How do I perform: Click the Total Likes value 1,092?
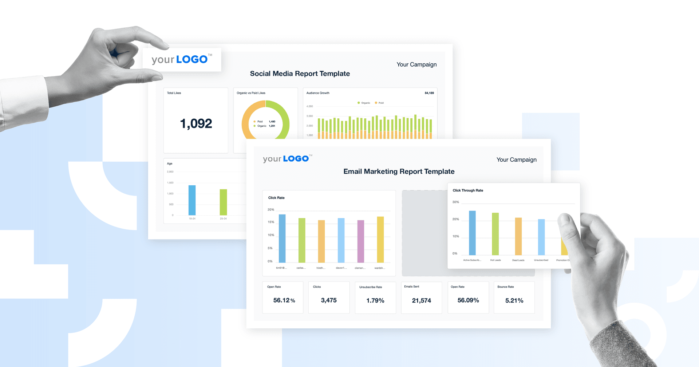pyautogui.click(x=196, y=124)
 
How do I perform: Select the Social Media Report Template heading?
pyautogui.click(x=300, y=74)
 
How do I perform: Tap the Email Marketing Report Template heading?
pyautogui.click(x=399, y=171)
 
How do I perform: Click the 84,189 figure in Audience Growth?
pyautogui.click(x=429, y=93)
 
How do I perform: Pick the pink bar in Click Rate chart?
pyautogui.click(x=360, y=241)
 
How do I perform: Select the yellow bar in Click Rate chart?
pyautogui.click(x=380, y=239)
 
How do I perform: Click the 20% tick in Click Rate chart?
pyautogui.click(x=271, y=210)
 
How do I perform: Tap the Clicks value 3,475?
pyautogui.click(x=328, y=300)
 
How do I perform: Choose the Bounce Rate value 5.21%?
pyautogui.click(x=514, y=301)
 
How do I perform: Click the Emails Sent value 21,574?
pyautogui.click(x=421, y=301)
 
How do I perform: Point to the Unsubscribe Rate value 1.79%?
pyautogui.click(x=375, y=301)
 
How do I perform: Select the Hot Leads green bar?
pyautogui.click(x=495, y=234)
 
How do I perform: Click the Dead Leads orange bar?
pyautogui.click(x=518, y=236)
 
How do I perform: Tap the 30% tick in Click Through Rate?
pyautogui.click(x=455, y=202)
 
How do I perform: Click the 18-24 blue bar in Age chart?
pyautogui.click(x=192, y=200)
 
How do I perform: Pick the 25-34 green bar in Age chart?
pyautogui.click(x=223, y=202)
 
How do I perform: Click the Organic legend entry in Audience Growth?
pyautogui.click(x=364, y=103)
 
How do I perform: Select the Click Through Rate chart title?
pyautogui.click(x=467, y=190)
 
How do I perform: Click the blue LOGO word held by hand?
pyautogui.click(x=192, y=59)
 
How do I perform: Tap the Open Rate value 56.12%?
pyautogui.click(x=284, y=300)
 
